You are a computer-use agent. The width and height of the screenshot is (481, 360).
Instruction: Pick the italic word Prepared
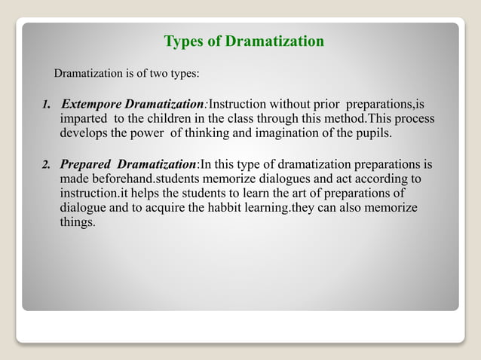85,163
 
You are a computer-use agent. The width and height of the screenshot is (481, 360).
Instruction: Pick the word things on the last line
77,224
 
